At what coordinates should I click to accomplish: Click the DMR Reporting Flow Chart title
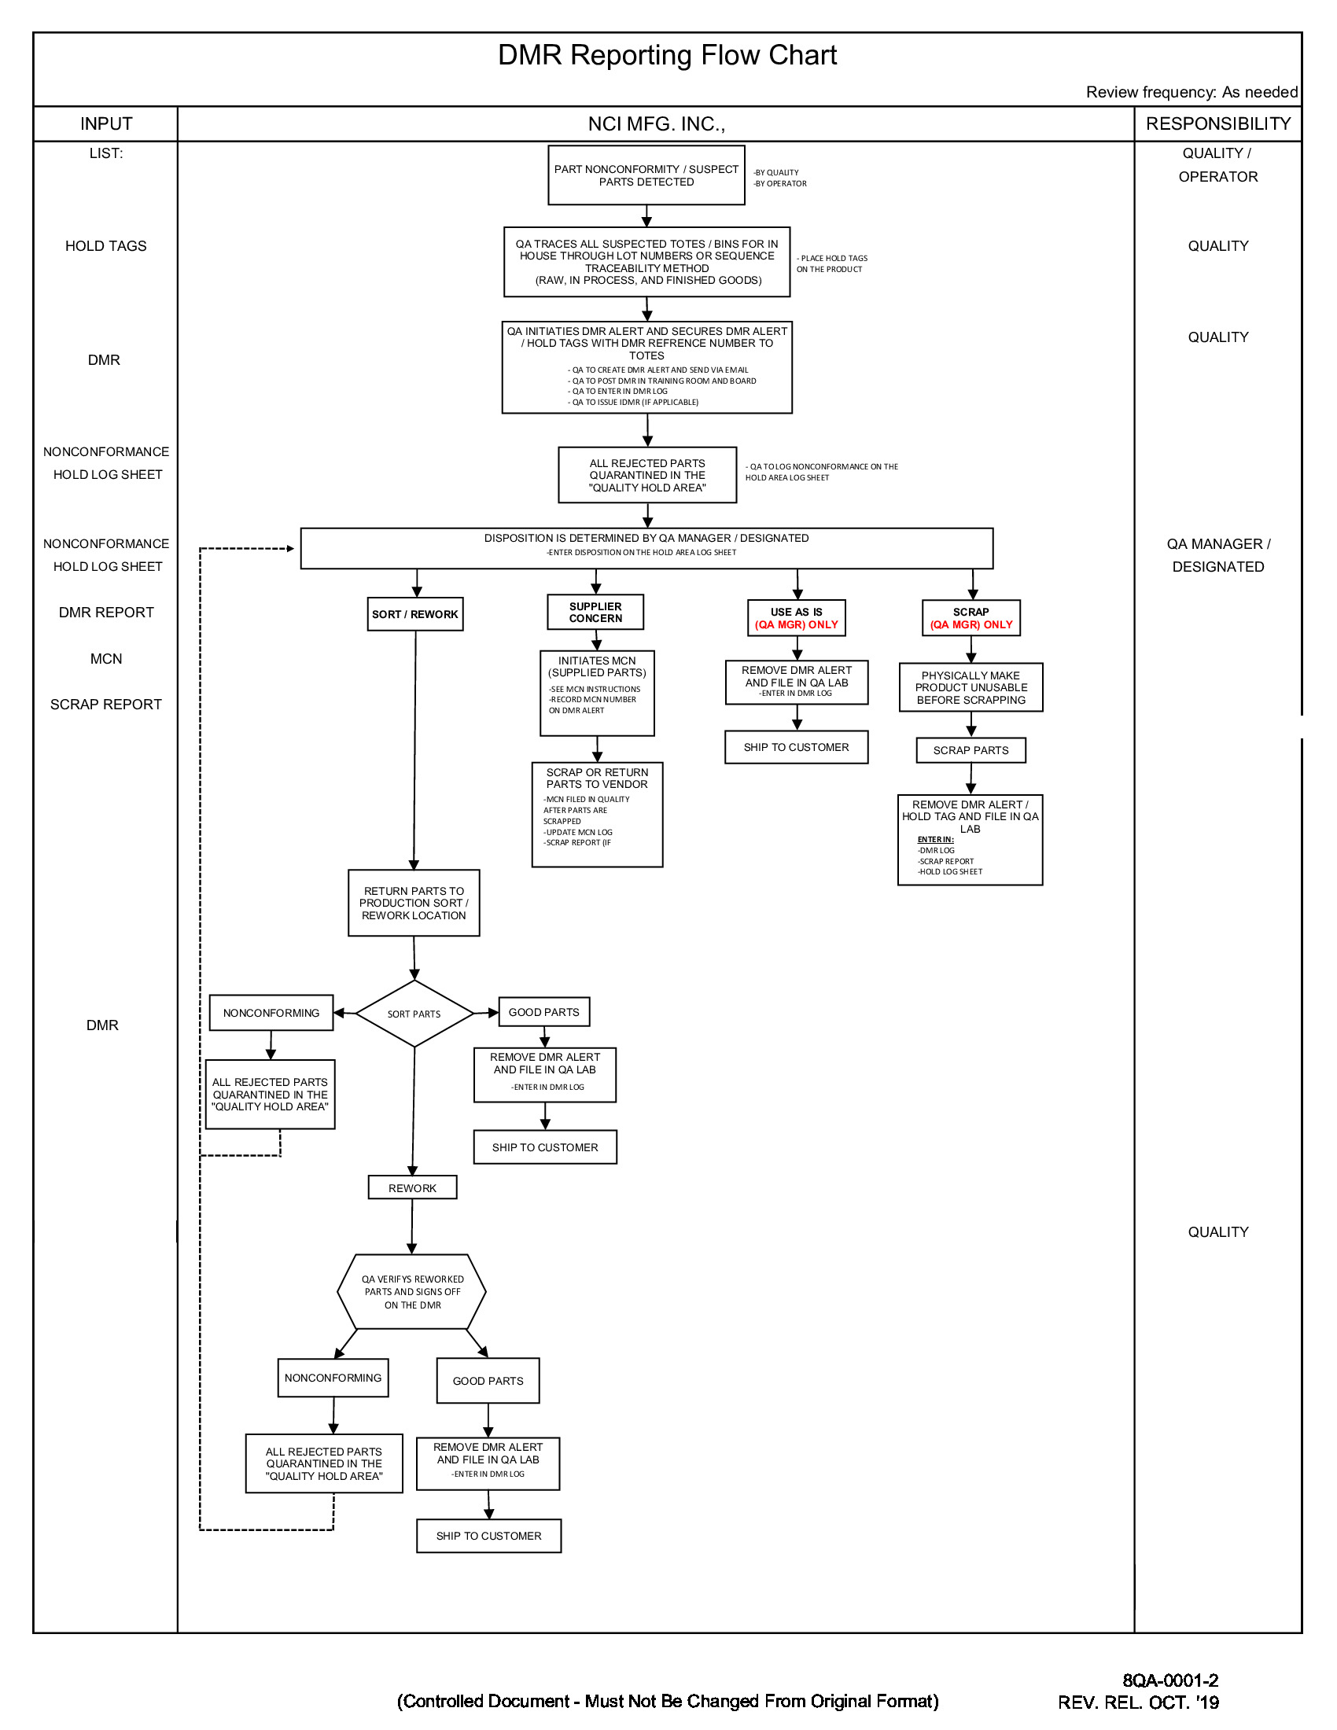(667, 56)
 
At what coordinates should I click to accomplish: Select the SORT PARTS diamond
(414, 1014)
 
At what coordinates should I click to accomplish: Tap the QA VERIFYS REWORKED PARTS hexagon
(412, 1292)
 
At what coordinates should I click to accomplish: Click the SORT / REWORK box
(415, 615)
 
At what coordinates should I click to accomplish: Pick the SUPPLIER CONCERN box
(595, 613)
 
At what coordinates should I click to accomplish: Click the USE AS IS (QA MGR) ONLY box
(797, 619)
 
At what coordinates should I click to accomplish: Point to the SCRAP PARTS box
(971, 750)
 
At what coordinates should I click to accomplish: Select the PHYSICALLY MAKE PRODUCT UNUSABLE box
(971, 687)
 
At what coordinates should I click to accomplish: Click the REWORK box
(413, 1188)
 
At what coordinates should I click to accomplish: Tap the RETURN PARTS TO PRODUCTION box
(414, 903)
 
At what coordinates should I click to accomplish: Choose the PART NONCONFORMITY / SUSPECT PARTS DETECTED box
(646, 175)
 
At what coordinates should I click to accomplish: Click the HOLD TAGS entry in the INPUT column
(106, 246)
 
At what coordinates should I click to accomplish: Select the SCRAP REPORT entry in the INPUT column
(106, 705)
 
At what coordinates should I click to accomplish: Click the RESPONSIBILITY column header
(1218, 124)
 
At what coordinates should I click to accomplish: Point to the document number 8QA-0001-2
(1171, 1681)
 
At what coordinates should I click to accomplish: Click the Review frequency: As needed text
(1192, 93)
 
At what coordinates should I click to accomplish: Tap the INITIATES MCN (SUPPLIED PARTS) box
(597, 693)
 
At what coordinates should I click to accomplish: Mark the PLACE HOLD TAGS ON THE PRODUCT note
(831, 263)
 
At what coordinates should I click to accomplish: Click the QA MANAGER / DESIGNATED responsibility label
(1218, 555)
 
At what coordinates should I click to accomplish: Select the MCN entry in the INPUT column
(106, 659)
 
